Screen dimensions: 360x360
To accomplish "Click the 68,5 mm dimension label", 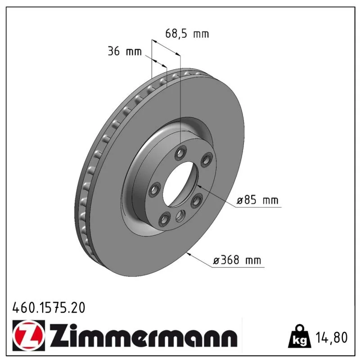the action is [x=187, y=34].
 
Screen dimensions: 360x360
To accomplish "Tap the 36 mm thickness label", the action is [x=125, y=51].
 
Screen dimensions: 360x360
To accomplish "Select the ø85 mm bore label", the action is [x=257, y=200].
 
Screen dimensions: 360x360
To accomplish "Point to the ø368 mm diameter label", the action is [x=237, y=260].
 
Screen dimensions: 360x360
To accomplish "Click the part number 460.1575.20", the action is [x=49, y=308].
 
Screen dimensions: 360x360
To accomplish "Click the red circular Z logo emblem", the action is [x=29, y=335].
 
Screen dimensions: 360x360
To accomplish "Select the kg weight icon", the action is [x=300, y=336].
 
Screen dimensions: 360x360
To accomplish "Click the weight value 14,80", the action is [x=332, y=337].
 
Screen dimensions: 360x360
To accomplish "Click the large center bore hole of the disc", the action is [x=180, y=184].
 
